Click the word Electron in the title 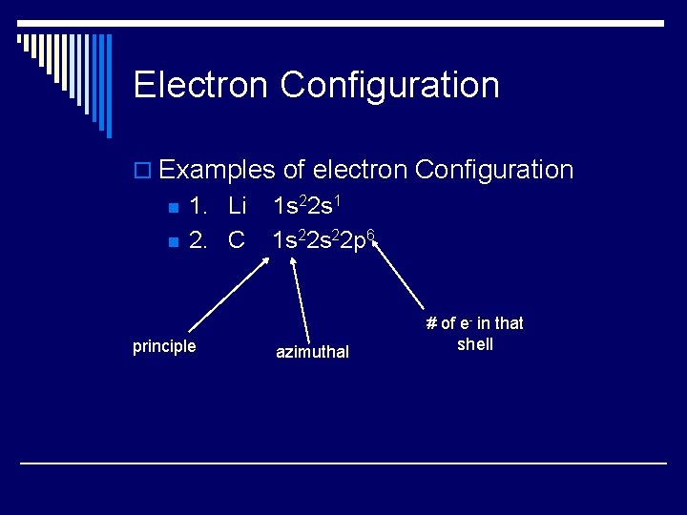[x=201, y=85]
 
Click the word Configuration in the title [x=389, y=85]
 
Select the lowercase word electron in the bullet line [x=359, y=170]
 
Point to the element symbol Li [x=237, y=205]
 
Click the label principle [x=164, y=346]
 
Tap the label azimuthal [x=312, y=352]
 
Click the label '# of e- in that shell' [x=475, y=334]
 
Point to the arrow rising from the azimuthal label [x=300, y=297]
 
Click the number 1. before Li [x=198, y=205]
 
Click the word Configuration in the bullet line [x=494, y=170]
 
